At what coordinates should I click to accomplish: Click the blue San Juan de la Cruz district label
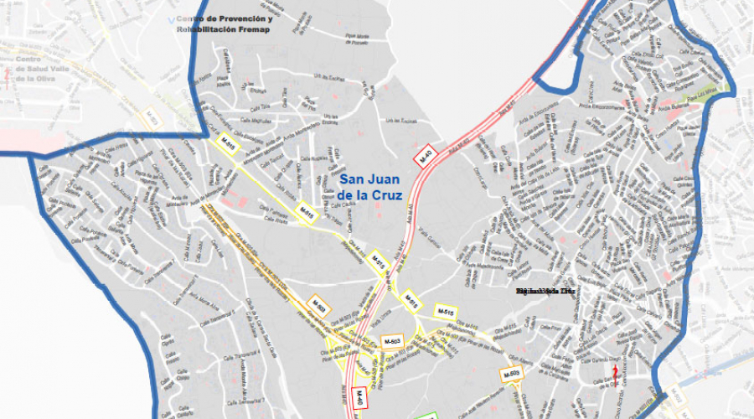point(369,187)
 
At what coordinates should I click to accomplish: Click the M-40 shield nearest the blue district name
point(423,157)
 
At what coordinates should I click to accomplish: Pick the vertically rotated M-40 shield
point(359,393)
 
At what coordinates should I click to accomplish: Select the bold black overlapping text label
point(545,291)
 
